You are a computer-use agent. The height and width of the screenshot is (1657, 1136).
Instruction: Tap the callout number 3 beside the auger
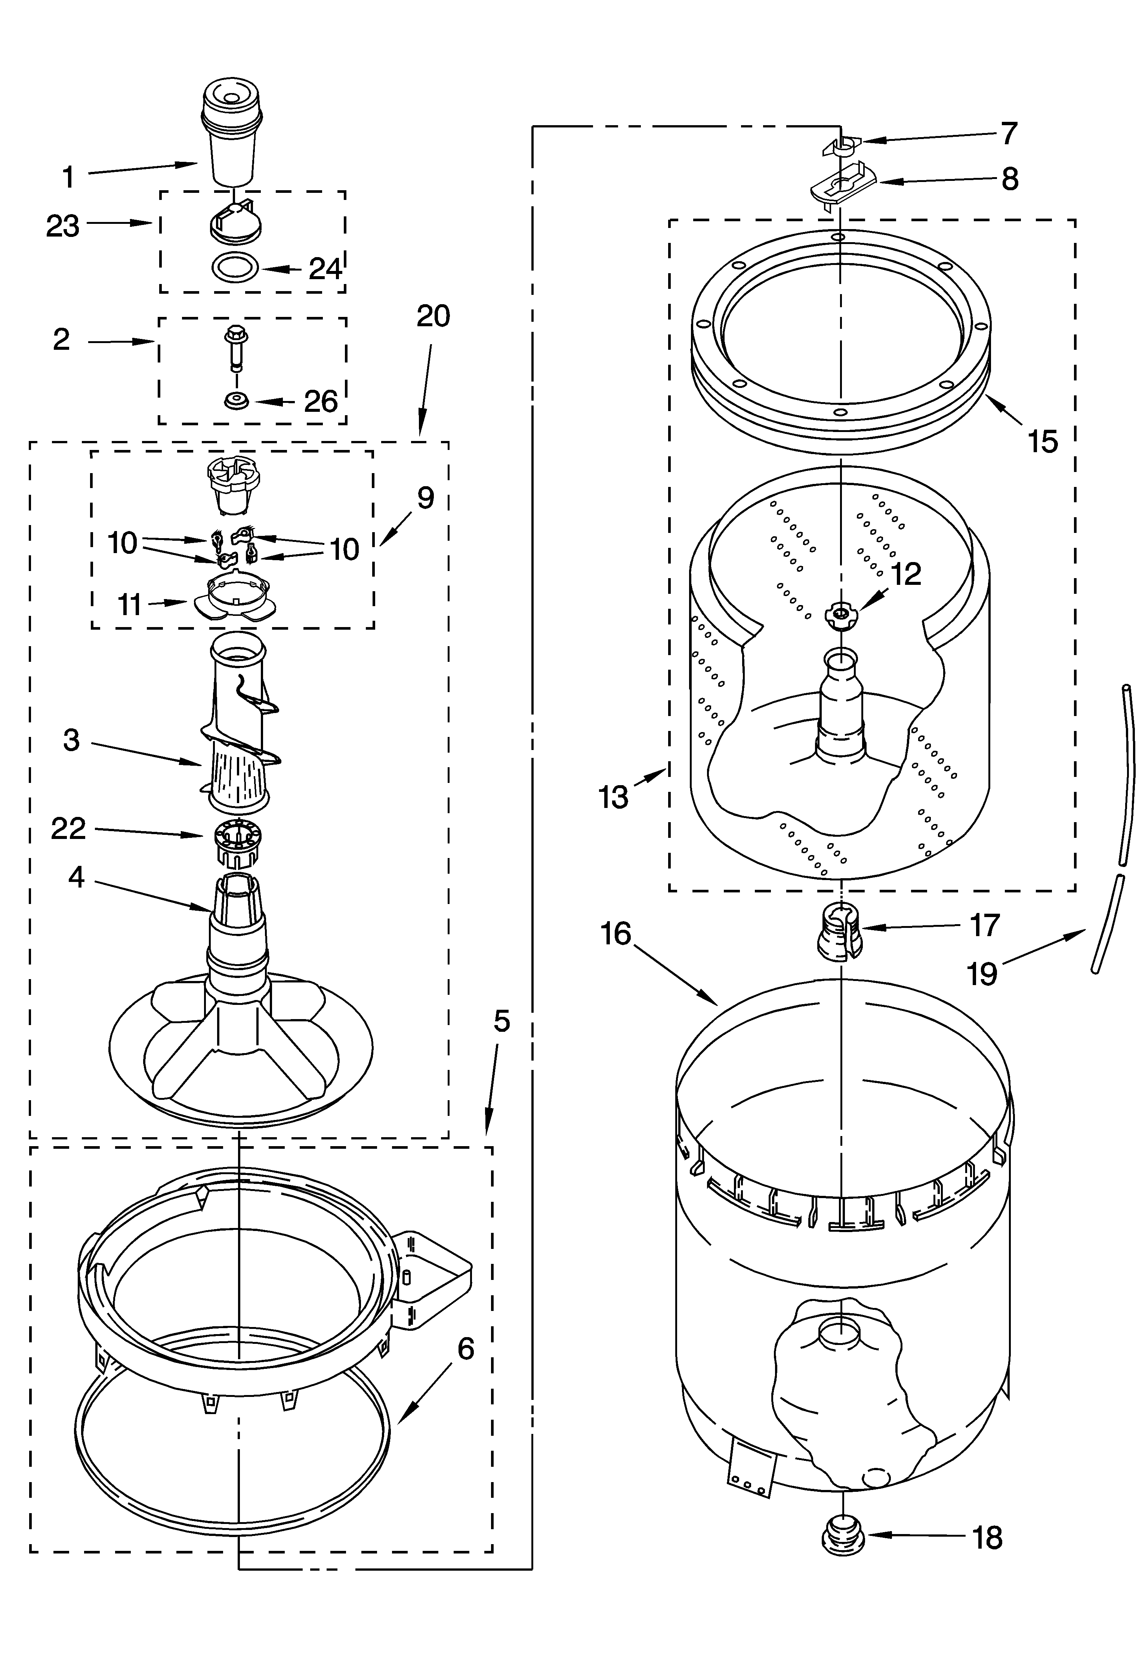click(x=71, y=740)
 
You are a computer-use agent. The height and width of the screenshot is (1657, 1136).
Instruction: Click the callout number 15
click(x=1043, y=442)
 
